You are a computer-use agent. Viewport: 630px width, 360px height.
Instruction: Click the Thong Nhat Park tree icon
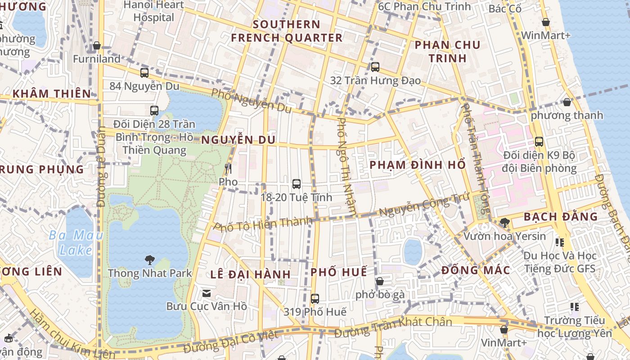[x=149, y=260]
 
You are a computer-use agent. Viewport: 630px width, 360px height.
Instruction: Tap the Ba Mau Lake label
[x=76, y=243]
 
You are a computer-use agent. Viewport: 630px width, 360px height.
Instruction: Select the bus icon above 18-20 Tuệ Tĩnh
[x=296, y=184]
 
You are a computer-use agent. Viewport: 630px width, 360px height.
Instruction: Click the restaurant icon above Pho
[x=228, y=169]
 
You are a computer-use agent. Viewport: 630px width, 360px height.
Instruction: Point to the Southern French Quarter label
[x=287, y=31]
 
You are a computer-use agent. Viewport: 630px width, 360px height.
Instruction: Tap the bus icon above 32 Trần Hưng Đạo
[x=375, y=67]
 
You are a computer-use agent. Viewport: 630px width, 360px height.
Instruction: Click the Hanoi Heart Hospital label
[x=154, y=11]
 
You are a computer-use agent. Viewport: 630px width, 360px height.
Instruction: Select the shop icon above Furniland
[x=96, y=45]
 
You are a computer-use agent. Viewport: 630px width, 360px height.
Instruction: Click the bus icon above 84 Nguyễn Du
[x=144, y=72]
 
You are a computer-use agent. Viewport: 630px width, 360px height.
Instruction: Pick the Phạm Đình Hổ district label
[x=417, y=165]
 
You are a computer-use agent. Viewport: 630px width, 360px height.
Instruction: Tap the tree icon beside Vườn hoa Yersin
[x=504, y=222]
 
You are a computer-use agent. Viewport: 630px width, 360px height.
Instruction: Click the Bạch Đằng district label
[x=561, y=217]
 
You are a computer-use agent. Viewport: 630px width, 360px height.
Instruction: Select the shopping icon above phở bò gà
[x=380, y=282]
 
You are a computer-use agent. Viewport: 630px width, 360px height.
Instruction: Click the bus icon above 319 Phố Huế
[x=315, y=298]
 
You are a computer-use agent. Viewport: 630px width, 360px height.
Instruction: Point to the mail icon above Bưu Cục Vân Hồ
[x=206, y=293]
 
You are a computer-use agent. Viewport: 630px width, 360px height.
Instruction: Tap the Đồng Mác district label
[x=476, y=270]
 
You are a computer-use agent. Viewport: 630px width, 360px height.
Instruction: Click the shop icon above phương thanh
[x=567, y=102]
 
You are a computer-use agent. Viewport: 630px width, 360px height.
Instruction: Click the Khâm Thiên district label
[x=52, y=94]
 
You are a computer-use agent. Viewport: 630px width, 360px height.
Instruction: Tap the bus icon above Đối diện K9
[x=539, y=142]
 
